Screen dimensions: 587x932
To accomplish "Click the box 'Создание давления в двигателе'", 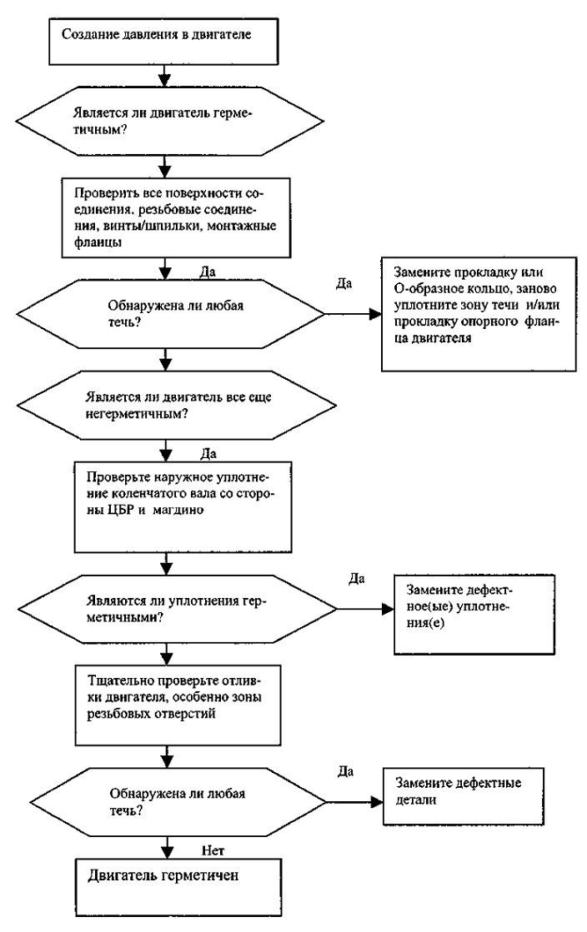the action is [x=163, y=41].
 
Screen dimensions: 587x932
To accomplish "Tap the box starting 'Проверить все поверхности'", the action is [x=177, y=217].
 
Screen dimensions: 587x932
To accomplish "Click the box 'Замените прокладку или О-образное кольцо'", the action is [x=479, y=314].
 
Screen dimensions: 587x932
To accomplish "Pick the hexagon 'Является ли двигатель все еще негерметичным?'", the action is [x=177, y=406].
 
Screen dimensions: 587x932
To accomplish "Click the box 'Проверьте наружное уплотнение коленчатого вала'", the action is [x=183, y=506].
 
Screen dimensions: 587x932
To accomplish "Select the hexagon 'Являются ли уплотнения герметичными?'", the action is [x=178, y=609].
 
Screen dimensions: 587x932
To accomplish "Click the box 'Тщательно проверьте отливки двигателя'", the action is [x=178, y=705].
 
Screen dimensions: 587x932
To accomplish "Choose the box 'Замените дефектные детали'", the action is [x=464, y=795].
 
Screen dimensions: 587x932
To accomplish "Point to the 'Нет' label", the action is [x=213, y=850].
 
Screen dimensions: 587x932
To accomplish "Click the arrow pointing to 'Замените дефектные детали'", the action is [x=354, y=802].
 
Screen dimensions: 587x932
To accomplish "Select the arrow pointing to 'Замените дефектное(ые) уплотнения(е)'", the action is [x=365, y=609].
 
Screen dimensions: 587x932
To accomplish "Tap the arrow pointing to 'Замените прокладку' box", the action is [x=353, y=313].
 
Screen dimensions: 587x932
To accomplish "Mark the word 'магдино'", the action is [x=178, y=510].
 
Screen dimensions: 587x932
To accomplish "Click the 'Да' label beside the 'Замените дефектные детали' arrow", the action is [x=345, y=771].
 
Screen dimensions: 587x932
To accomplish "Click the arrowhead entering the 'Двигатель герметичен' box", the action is [x=167, y=851].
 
